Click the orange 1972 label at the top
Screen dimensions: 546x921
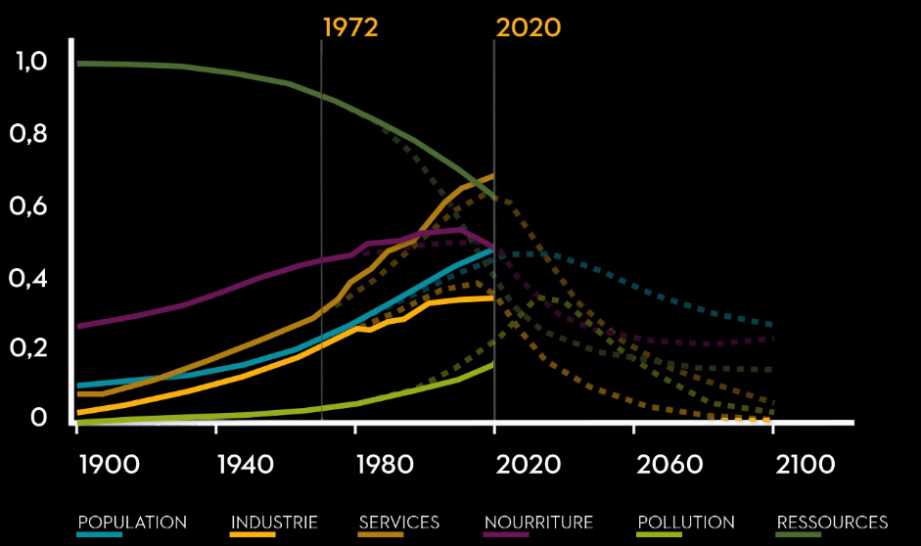(x=350, y=27)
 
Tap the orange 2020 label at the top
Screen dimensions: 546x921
(x=529, y=27)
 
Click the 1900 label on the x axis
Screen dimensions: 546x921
(x=108, y=464)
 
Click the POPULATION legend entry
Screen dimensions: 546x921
(x=132, y=522)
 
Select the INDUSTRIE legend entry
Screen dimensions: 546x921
(x=274, y=522)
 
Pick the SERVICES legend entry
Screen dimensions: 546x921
(x=399, y=522)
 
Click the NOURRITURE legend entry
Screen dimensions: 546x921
(x=538, y=522)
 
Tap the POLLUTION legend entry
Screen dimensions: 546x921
(x=685, y=522)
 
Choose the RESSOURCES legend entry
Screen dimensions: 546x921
(x=832, y=522)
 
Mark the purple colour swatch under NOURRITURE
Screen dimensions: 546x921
(x=506, y=534)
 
